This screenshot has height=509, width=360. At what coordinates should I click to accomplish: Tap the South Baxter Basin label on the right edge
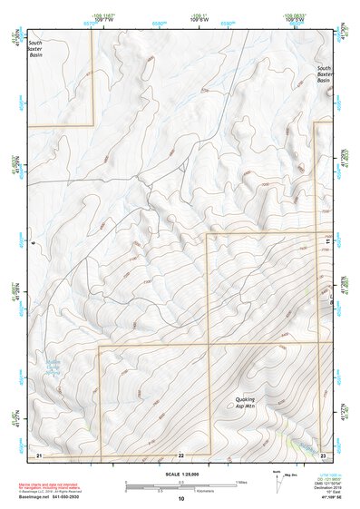pyautogui.click(x=323, y=74)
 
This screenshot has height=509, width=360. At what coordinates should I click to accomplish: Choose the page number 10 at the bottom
pyautogui.click(x=180, y=498)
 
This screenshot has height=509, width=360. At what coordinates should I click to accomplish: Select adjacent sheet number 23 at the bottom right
pyautogui.click(x=323, y=454)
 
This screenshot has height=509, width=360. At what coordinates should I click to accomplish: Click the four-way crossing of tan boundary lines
pyautogui.click(x=209, y=345)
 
